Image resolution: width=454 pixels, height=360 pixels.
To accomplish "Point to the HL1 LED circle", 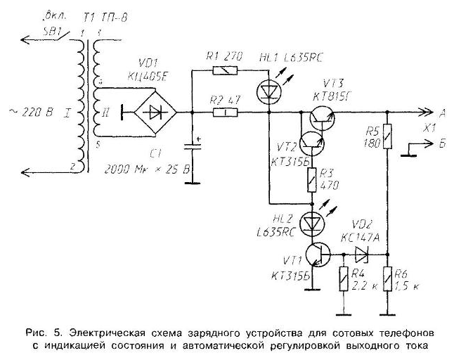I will (268, 90).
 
